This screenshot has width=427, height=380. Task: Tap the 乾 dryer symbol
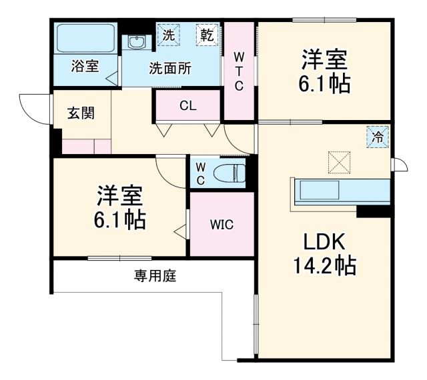point(207,35)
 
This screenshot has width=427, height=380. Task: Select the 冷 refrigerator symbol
point(378,138)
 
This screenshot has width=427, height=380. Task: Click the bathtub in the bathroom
point(85,38)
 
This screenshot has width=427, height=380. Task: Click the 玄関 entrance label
point(80,112)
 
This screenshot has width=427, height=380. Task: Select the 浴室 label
point(85,67)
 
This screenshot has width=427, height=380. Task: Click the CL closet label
point(187,105)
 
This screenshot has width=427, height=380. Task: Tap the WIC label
point(222,225)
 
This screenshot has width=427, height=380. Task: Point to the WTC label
point(238,70)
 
